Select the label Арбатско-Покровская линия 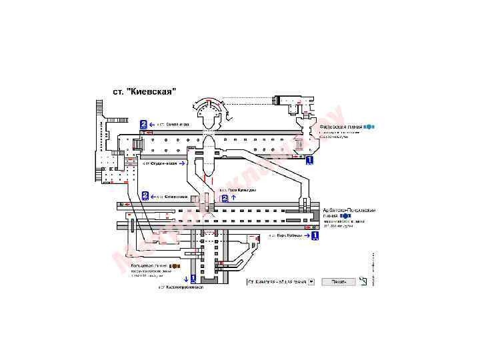349,211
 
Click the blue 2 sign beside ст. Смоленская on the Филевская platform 143,125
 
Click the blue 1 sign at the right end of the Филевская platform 309,161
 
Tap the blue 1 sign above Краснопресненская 193,279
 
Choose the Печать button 339,281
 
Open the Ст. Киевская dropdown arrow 311,281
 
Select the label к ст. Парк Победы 285,235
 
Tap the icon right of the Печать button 363,281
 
